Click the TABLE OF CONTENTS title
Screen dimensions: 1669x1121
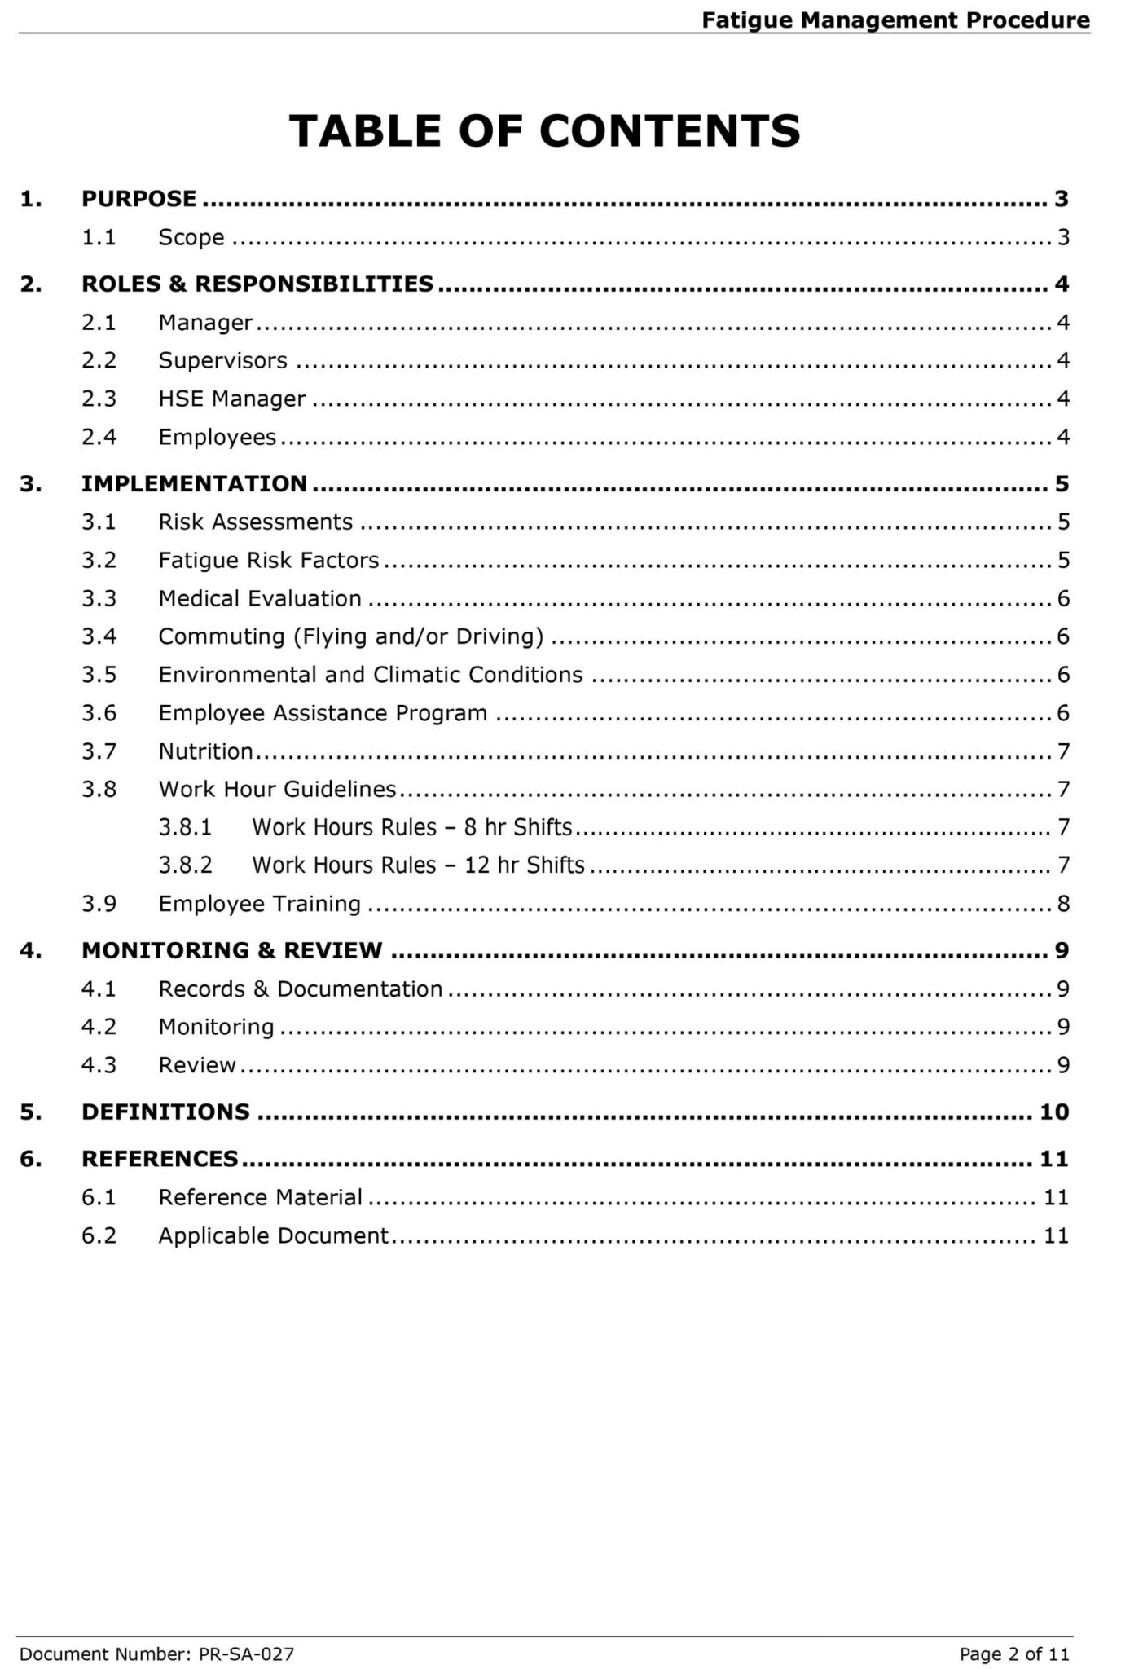pyautogui.click(x=544, y=130)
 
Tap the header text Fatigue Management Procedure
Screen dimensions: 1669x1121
pyautogui.click(x=895, y=20)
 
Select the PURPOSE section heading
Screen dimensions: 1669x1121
pyautogui.click(x=138, y=199)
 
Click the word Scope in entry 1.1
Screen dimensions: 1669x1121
pyautogui.click(x=191, y=238)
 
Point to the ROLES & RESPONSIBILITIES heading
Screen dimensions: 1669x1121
pyautogui.click(x=257, y=284)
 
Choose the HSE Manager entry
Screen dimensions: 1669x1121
pyautogui.click(x=232, y=399)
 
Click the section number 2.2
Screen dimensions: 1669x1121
pyautogui.click(x=99, y=360)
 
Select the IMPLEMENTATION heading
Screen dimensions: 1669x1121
pyautogui.click(x=194, y=484)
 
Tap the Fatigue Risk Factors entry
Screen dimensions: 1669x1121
pyautogui.click(x=269, y=561)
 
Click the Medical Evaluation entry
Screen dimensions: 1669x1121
pyautogui.click(x=260, y=599)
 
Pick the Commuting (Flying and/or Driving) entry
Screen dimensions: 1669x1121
pyautogui.click(x=350, y=636)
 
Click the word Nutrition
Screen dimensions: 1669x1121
pyautogui.click(x=205, y=751)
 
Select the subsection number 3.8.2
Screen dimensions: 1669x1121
pyautogui.click(x=185, y=865)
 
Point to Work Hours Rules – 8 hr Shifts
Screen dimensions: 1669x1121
pyautogui.click(x=412, y=828)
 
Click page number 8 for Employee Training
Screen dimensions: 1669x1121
pyautogui.click(x=1063, y=904)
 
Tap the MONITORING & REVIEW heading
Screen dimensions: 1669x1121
pyautogui.click(x=231, y=951)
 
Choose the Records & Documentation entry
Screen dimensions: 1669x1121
pyautogui.click(x=301, y=989)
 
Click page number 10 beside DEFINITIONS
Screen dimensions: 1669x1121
pyautogui.click(x=1054, y=1112)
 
